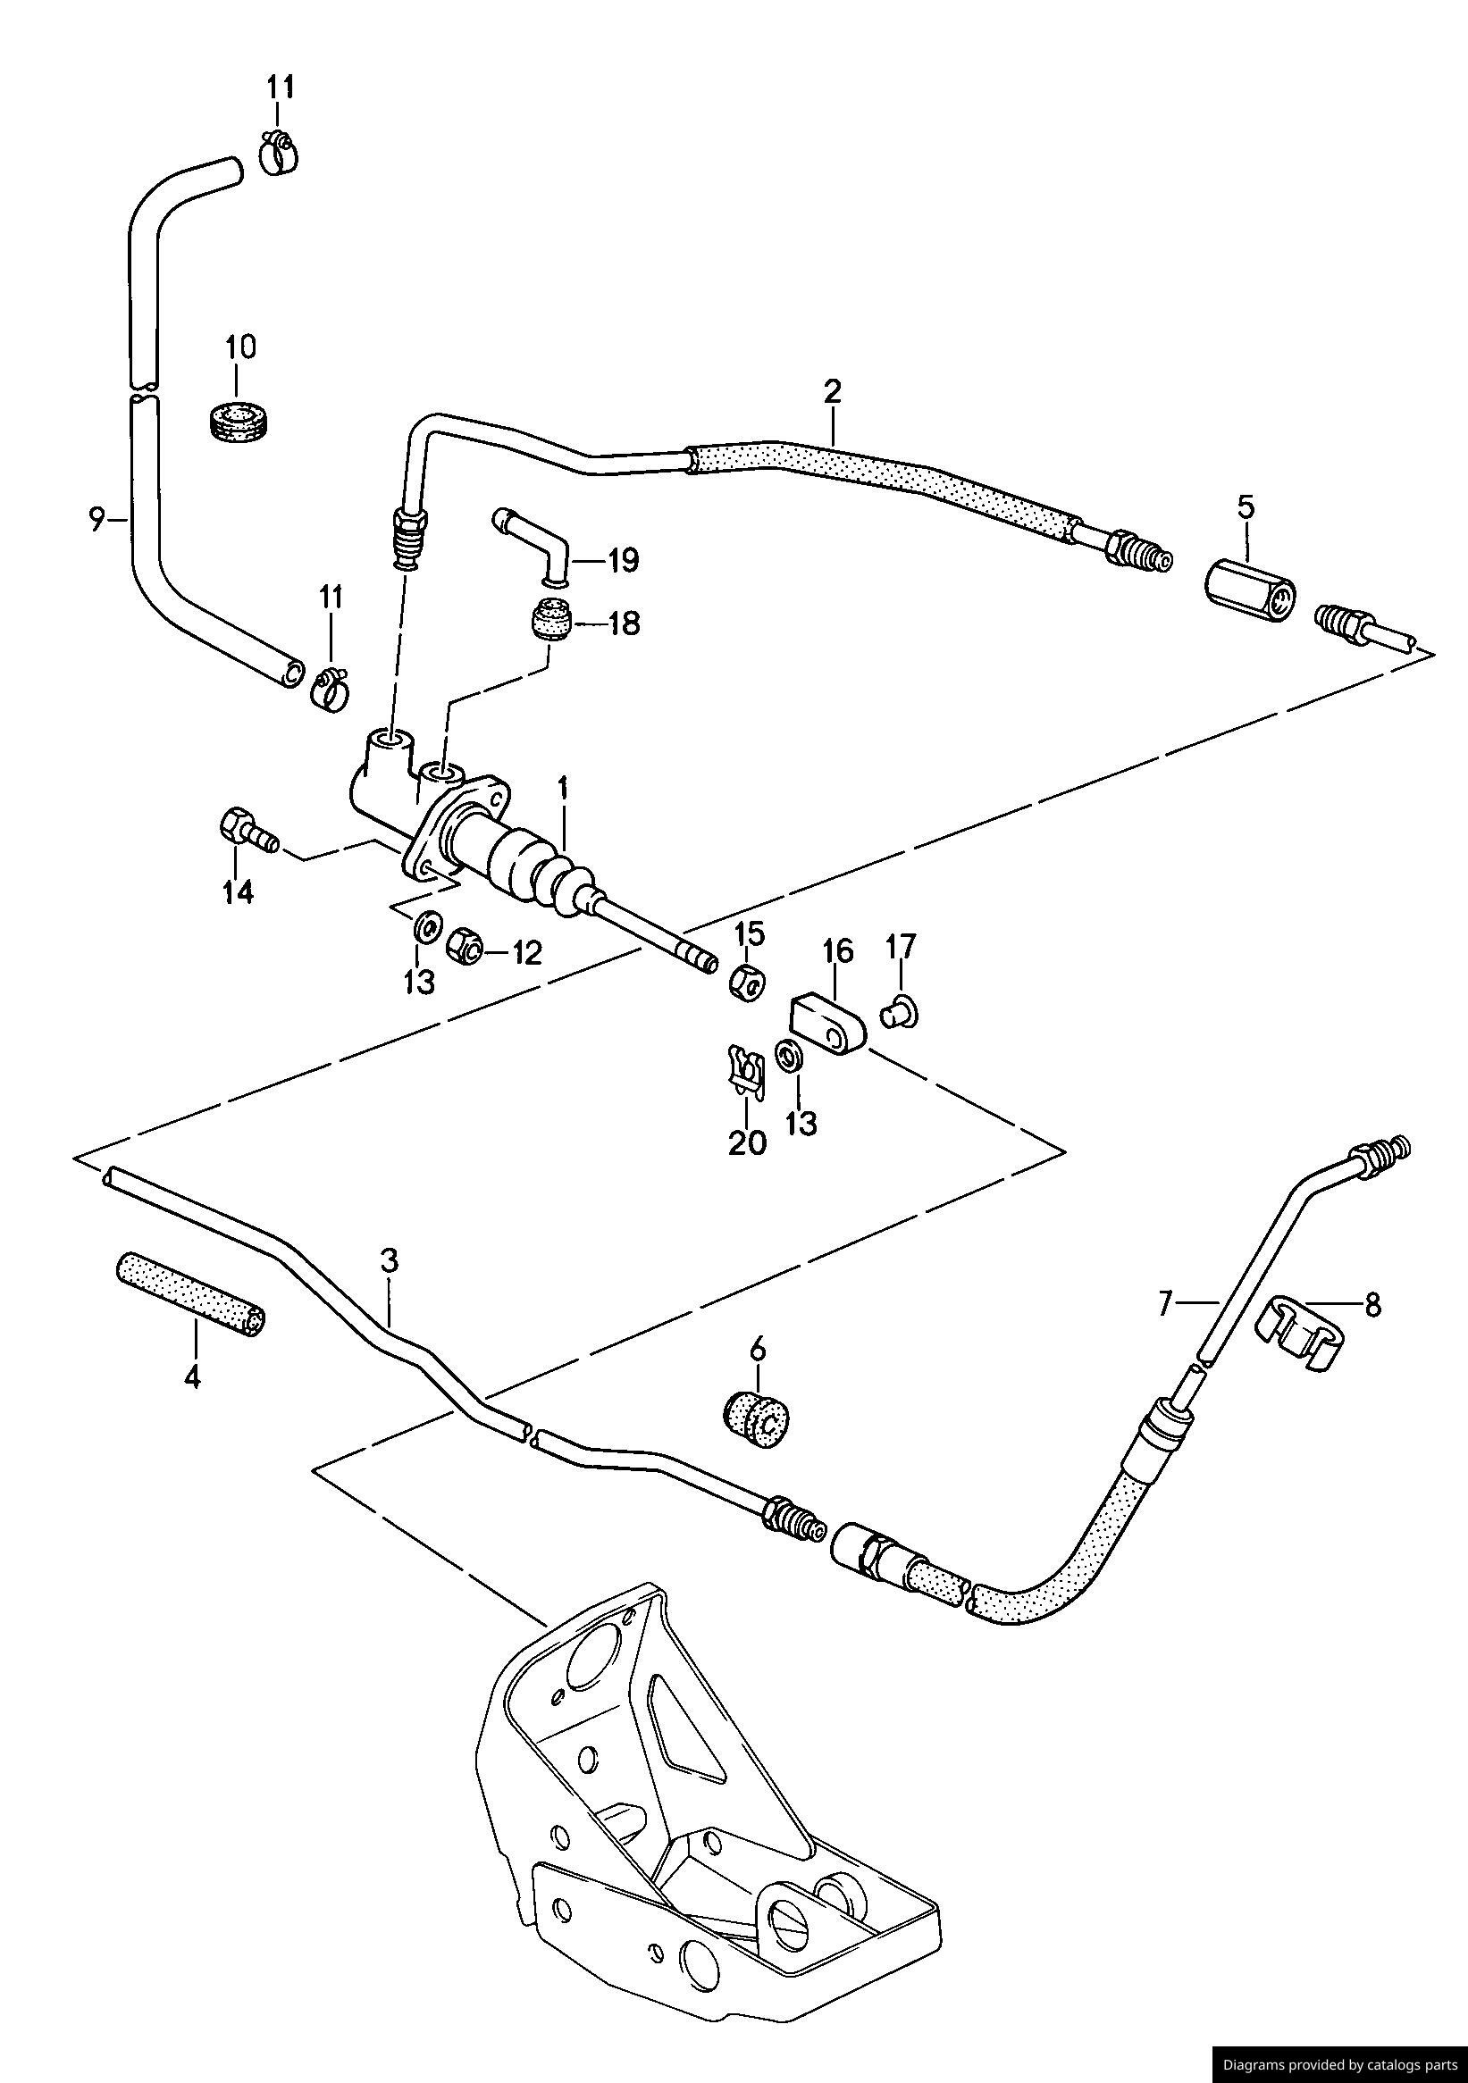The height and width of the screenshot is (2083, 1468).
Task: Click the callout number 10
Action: [x=240, y=347]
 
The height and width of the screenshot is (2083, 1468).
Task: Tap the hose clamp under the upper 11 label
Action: [x=278, y=152]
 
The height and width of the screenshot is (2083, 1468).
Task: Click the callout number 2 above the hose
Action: [x=832, y=392]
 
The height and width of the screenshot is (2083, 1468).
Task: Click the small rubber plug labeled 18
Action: [x=549, y=619]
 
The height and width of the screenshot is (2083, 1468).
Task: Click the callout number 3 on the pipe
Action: [x=390, y=1260]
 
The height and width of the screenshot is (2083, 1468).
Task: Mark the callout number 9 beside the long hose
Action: [x=96, y=521]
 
